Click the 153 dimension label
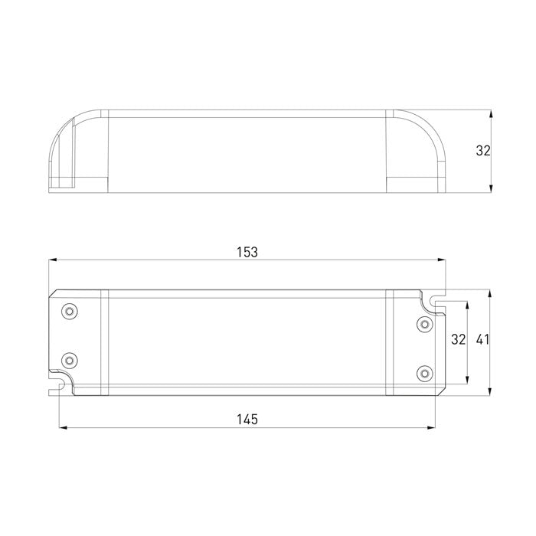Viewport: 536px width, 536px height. (x=247, y=251)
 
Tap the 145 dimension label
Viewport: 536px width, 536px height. (x=247, y=419)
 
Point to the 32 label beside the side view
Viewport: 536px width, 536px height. (x=482, y=151)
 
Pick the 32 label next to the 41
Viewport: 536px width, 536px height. (x=458, y=339)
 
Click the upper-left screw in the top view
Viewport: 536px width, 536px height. (x=70, y=311)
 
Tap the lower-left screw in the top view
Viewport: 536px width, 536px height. (x=70, y=359)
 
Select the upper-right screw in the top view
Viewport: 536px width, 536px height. (x=423, y=324)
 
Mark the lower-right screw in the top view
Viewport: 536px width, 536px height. (x=423, y=372)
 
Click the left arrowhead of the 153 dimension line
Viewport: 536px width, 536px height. (x=52, y=260)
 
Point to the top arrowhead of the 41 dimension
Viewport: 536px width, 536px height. (x=491, y=294)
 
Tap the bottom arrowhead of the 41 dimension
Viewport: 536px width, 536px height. (x=491, y=391)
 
